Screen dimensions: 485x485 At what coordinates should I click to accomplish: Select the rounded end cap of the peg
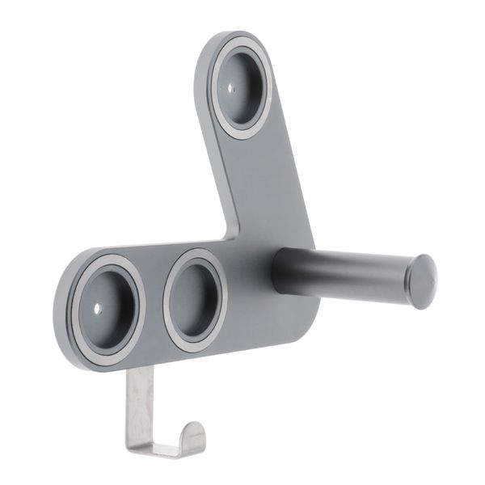[x=421, y=281]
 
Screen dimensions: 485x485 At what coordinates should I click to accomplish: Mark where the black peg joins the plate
[x=279, y=271]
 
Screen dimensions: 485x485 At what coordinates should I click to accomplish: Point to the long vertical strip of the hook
[x=138, y=404]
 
